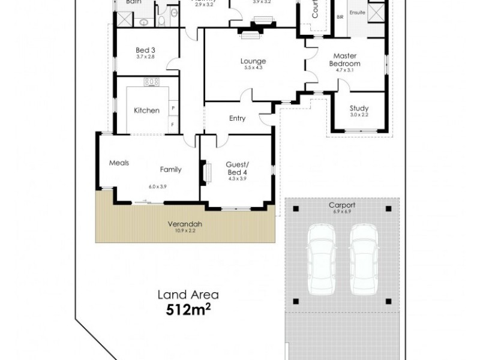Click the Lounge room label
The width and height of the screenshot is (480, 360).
pyautogui.click(x=253, y=61)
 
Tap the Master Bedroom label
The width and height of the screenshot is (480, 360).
pyautogui.click(x=346, y=60)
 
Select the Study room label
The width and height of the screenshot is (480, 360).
pyautogui.click(x=359, y=108)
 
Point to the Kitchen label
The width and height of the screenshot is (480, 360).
pyautogui.click(x=146, y=110)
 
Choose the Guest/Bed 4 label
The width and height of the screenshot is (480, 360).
pyautogui.click(x=237, y=169)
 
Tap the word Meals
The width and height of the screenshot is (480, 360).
pyautogui.click(x=119, y=162)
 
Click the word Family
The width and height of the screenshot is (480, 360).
pyautogui.click(x=170, y=169)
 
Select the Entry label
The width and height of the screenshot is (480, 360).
pyautogui.click(x=238, y=118)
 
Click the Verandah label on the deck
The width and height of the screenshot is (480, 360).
pyautogui.click(x=184, y=224)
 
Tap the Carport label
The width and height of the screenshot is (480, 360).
pyautogui.click(x=341, y=205)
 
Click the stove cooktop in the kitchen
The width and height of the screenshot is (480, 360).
pyautogui.click(x=151, y=82)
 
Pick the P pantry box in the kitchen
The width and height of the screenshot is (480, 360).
pyautogui.click(x=173, y=109)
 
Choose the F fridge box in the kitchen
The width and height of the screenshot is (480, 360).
pyautogui.click(x=173, y=125)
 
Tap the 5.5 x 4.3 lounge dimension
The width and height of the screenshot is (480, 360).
pyautogui.click(x=253, y=68)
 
